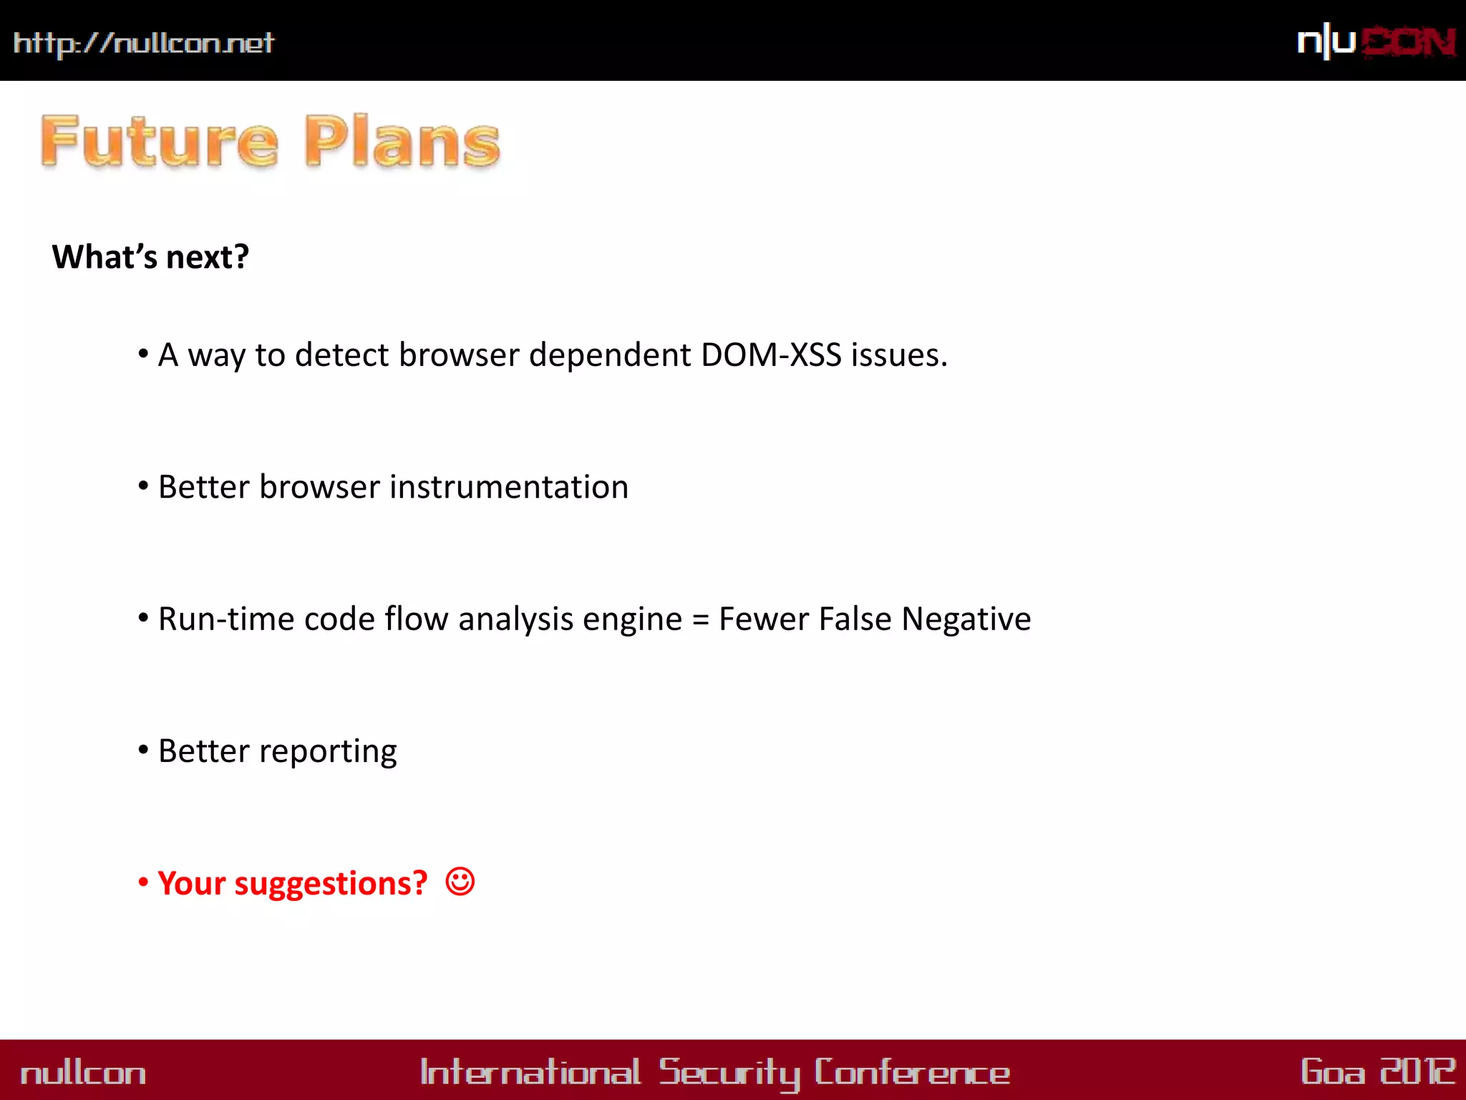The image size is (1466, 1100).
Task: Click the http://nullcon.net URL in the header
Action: click(x=143, y=43)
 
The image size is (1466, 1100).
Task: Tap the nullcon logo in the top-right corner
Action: click(x=1376, y=42)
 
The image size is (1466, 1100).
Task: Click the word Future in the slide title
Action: click(x=159, y=141)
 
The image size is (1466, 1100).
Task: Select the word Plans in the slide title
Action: click(x=402, y=141)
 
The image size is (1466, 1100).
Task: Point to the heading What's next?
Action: click(x=150, y=257)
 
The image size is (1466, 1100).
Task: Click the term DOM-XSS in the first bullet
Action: click(x=771, y=355)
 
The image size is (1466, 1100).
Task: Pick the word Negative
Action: click(x=966, y=619)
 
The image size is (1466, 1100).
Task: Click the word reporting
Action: click(x=328, y=752)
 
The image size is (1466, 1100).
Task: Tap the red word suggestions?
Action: click(x=331, y=884)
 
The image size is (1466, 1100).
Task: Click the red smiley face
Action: click(x=460, y=882)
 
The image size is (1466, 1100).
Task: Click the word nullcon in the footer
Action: click(x=83, y=1073)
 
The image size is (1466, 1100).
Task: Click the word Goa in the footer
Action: click(x=1332, y=1071)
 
